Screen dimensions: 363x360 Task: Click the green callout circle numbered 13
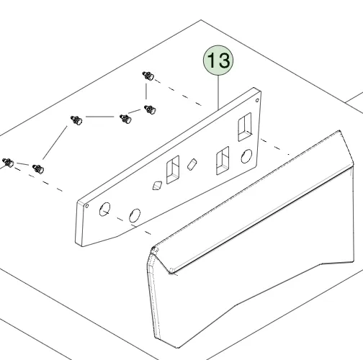point(218,60)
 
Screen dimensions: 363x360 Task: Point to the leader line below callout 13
point(218,92)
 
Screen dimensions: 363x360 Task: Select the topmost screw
point(148,76)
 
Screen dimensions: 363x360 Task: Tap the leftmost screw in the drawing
point(8,163)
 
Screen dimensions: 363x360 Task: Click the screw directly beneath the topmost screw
point(150,109)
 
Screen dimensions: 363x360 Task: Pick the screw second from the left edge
point(38,169)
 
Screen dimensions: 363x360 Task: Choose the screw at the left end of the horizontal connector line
point(76,120)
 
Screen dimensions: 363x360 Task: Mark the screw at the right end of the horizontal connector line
point(125,119)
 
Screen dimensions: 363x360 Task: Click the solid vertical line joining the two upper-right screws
point(146,91)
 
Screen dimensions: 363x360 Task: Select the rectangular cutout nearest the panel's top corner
point(245,127)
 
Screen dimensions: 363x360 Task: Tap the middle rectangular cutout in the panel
point(223,161)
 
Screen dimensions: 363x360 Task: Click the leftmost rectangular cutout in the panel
point(173,170)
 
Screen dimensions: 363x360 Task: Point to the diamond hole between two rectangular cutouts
point(192,164)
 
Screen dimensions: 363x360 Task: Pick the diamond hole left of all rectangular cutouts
point(157,186)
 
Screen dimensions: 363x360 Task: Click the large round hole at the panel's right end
point(246,156)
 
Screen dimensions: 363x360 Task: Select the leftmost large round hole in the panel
point(104,209)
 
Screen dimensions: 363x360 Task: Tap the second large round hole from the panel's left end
point(135,215)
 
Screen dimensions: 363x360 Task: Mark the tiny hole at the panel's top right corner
point(257,100)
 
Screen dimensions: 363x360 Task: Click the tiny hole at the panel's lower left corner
point(87,206)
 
